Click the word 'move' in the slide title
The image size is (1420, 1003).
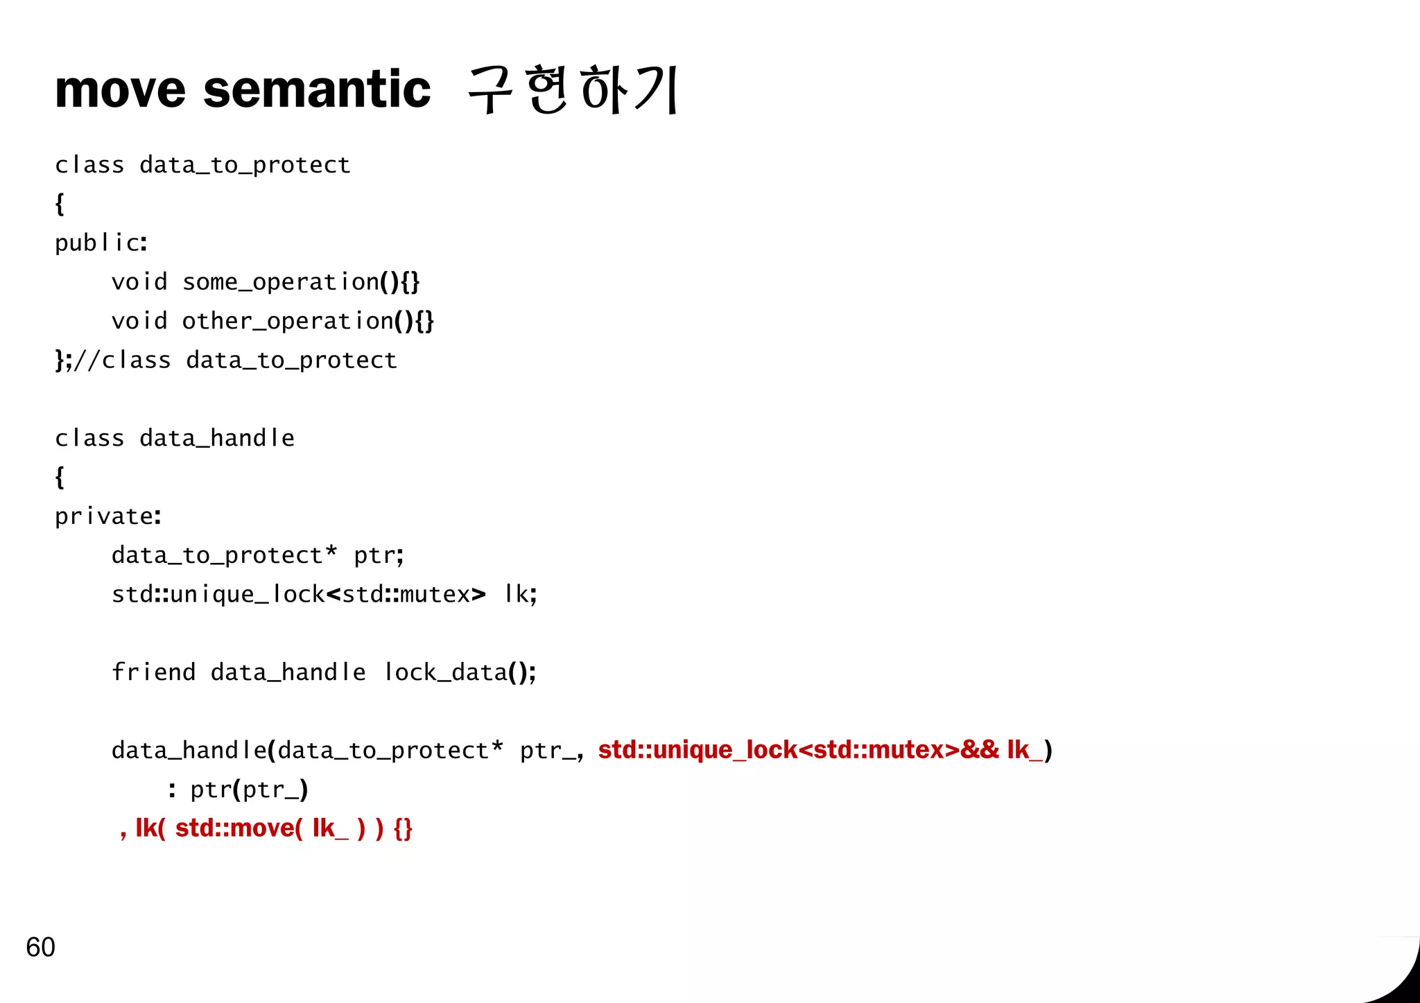[x=120, y=90]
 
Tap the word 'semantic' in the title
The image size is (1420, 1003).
[x=317, y=90]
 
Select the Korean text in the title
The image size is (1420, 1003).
[x=573, y=90]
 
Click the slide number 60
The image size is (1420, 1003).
[x=40, y=947]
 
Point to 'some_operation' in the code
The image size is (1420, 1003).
[x=281, y=282]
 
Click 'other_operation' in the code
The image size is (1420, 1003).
[x=288, y=321]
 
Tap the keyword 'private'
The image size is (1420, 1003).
[x=104, y=516]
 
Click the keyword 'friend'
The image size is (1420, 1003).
[x=153, y=672]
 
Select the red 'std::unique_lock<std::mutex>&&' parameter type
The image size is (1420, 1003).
[x=798, y=750]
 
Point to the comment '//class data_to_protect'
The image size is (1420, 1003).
[x=235, y=360]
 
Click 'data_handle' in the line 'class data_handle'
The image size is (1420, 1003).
[x=217, y=438]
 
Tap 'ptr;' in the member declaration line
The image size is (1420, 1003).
[x=379, y=556]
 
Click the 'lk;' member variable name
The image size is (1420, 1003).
[x=520, y=595]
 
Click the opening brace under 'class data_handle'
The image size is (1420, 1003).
[x=60, y=477]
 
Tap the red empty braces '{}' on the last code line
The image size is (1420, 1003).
[x=403, y=828]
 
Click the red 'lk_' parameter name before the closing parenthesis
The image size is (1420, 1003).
[x=1024, y=750]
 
